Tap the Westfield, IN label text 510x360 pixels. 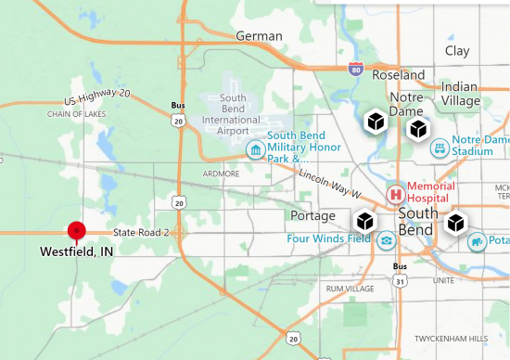pyautogui.click(x=76, y=251)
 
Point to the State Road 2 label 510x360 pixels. pyautogui.click(x=141, y=232)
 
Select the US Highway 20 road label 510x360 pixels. pyautogui.click(x=98, y=98)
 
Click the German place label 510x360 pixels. pyautogui.click(x=259, y=36)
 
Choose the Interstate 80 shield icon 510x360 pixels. pyautogui.click(x=357, y=69)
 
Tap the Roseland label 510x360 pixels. pyautogui.click(x=399, y=75)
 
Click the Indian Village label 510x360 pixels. pyautogui.click(x=460, y=93)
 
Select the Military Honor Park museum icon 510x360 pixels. pyautogui.click(x=253, y=150)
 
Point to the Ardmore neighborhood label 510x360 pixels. pyautogui.click(x=223, y=174)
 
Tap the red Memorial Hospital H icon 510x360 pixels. pyautogui.click(x=396, y=193)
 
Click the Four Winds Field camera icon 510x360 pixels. pyautogui.click(x=385, y=240)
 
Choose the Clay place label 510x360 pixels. pyautogui.click(x=457, y=51)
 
